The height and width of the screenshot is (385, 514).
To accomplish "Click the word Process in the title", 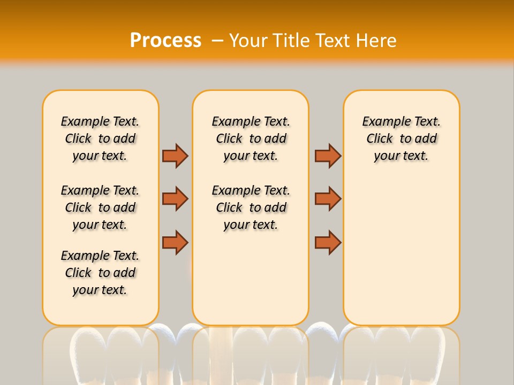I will tap(165, 41).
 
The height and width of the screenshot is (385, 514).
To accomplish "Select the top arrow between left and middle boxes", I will tap(175, 156).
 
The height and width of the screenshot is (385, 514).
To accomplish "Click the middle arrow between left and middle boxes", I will tap(175, 199).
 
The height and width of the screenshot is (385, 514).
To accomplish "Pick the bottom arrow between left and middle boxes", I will tap(175, 243).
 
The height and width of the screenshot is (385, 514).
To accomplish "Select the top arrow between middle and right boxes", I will tap(328, 156).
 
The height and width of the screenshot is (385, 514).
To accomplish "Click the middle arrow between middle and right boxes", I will tap(328, 199).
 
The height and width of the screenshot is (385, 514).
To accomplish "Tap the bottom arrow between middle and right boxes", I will tap(328, 243).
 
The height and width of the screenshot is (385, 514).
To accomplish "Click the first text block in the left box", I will tap(100, 138).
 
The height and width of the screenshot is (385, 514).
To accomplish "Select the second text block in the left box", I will tap(100, 207).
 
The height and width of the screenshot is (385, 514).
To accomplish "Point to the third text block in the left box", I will tap(100, 273).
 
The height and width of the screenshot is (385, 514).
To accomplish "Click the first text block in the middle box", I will tap(251, 138).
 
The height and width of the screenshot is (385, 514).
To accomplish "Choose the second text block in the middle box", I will tap(251, 207).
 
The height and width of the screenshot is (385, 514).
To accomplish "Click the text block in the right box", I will tap(401, 138).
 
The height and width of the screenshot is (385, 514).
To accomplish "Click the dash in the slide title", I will tap(217, 41).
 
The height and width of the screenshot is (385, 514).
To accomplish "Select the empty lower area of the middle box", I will tap(251, 278).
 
